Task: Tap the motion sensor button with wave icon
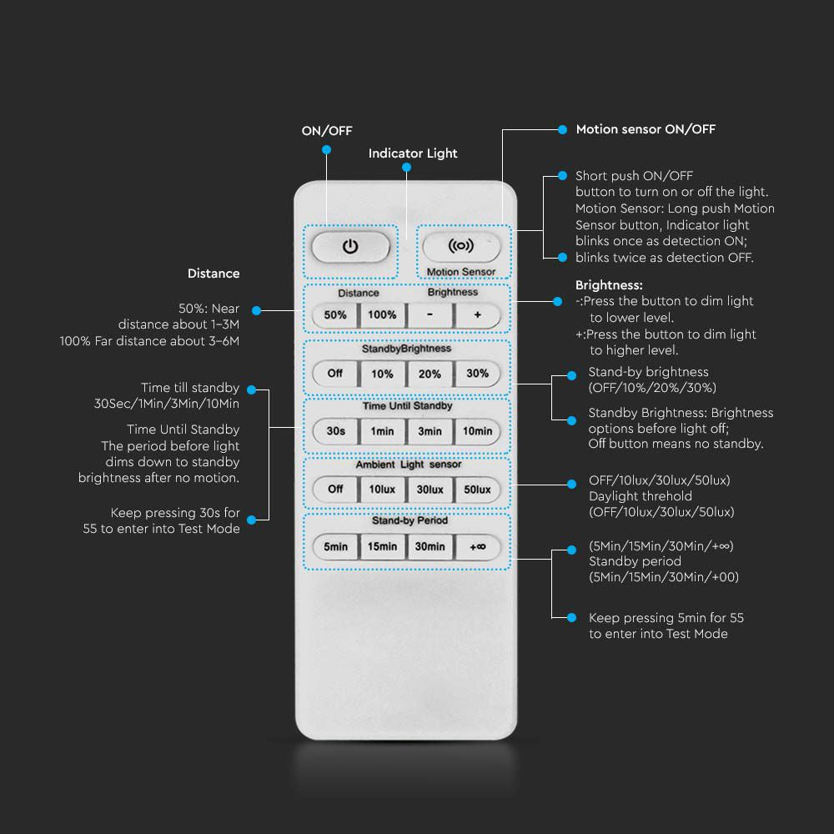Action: pyautogui.click(x=461, y=246)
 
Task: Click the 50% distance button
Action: pyautogui.click(x=335, y=315)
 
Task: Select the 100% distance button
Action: pyautogui.click(x=383, y=315)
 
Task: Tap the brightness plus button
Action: pyautogui.click(x=478, y=315)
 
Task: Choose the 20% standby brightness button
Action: pyautogui.click(x=430, y=374)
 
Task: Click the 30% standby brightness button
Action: pyautogui.click(x=478, y=374)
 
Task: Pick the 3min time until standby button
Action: pyautogui.click(x=430, y=431)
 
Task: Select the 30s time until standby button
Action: pyautogui.click(x=335, y=431)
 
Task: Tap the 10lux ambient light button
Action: pyautogui.click(x=383, y=490)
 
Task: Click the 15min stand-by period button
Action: pyautogui.click(x=383, y=547)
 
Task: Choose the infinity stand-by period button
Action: pyautogui.click(x=478, y=547)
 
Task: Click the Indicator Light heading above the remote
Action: pyautogui.click(x=413, y=153)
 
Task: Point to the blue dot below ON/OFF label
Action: pyautogui.click(x=327, y=150)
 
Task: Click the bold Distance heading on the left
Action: pyautogui.click(x=214, y=274)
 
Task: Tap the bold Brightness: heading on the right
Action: pyautogui.click(x=609, y=285)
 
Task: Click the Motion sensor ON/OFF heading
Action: pyautogui.click(x=646, y=129)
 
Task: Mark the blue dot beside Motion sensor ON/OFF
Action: pyautogui.click(x=562, y=129)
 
